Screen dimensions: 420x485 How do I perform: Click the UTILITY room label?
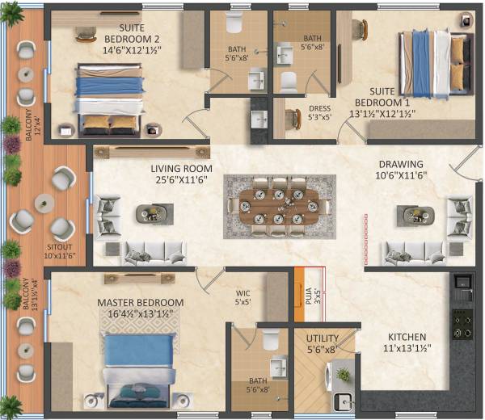tap(322, 338)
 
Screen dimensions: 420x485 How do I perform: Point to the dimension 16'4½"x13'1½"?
tap(141, 314)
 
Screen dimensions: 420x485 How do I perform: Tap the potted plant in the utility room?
tap(344, 375)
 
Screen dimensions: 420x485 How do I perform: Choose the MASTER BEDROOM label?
tap(141, 303)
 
